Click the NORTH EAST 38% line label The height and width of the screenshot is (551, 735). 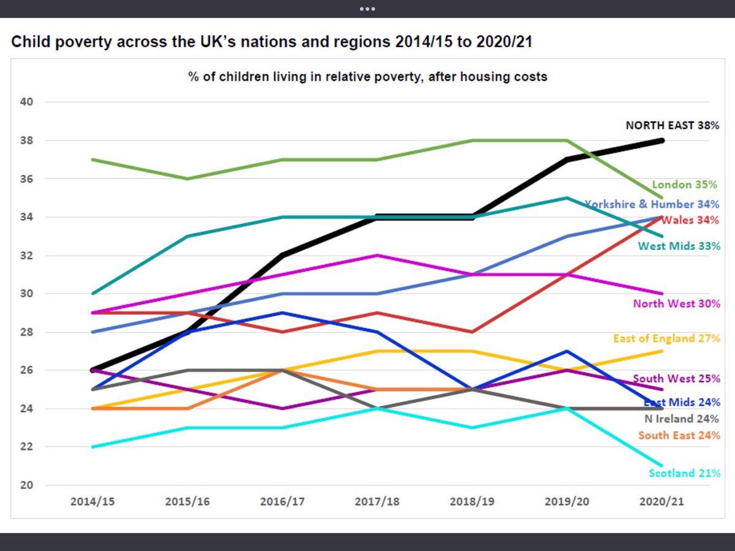(x=672, y=126)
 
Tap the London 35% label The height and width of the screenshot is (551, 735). (x=685, y=184)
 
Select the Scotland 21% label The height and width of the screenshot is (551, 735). (x=684, y=473)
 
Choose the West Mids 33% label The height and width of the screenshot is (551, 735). (x=679, y=247)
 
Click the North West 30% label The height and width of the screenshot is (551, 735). (x=676, y=304)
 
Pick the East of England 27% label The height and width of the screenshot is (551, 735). (x=666, y=339)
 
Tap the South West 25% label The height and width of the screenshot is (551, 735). (x=676, y=378)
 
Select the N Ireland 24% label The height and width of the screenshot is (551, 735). (x=681, y=419)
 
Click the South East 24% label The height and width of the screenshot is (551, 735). (x=679, y=436)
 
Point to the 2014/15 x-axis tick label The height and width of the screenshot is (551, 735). (x=92, y=501)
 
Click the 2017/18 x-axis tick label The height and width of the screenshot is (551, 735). (x=377, y=501)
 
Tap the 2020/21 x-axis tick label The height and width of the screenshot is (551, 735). (x=662, y=501)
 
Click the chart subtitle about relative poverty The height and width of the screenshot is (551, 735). (x=367, y=77)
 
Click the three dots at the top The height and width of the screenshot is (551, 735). (x=367, y=9)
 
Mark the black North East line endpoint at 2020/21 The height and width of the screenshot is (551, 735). (x=661, y=140)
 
